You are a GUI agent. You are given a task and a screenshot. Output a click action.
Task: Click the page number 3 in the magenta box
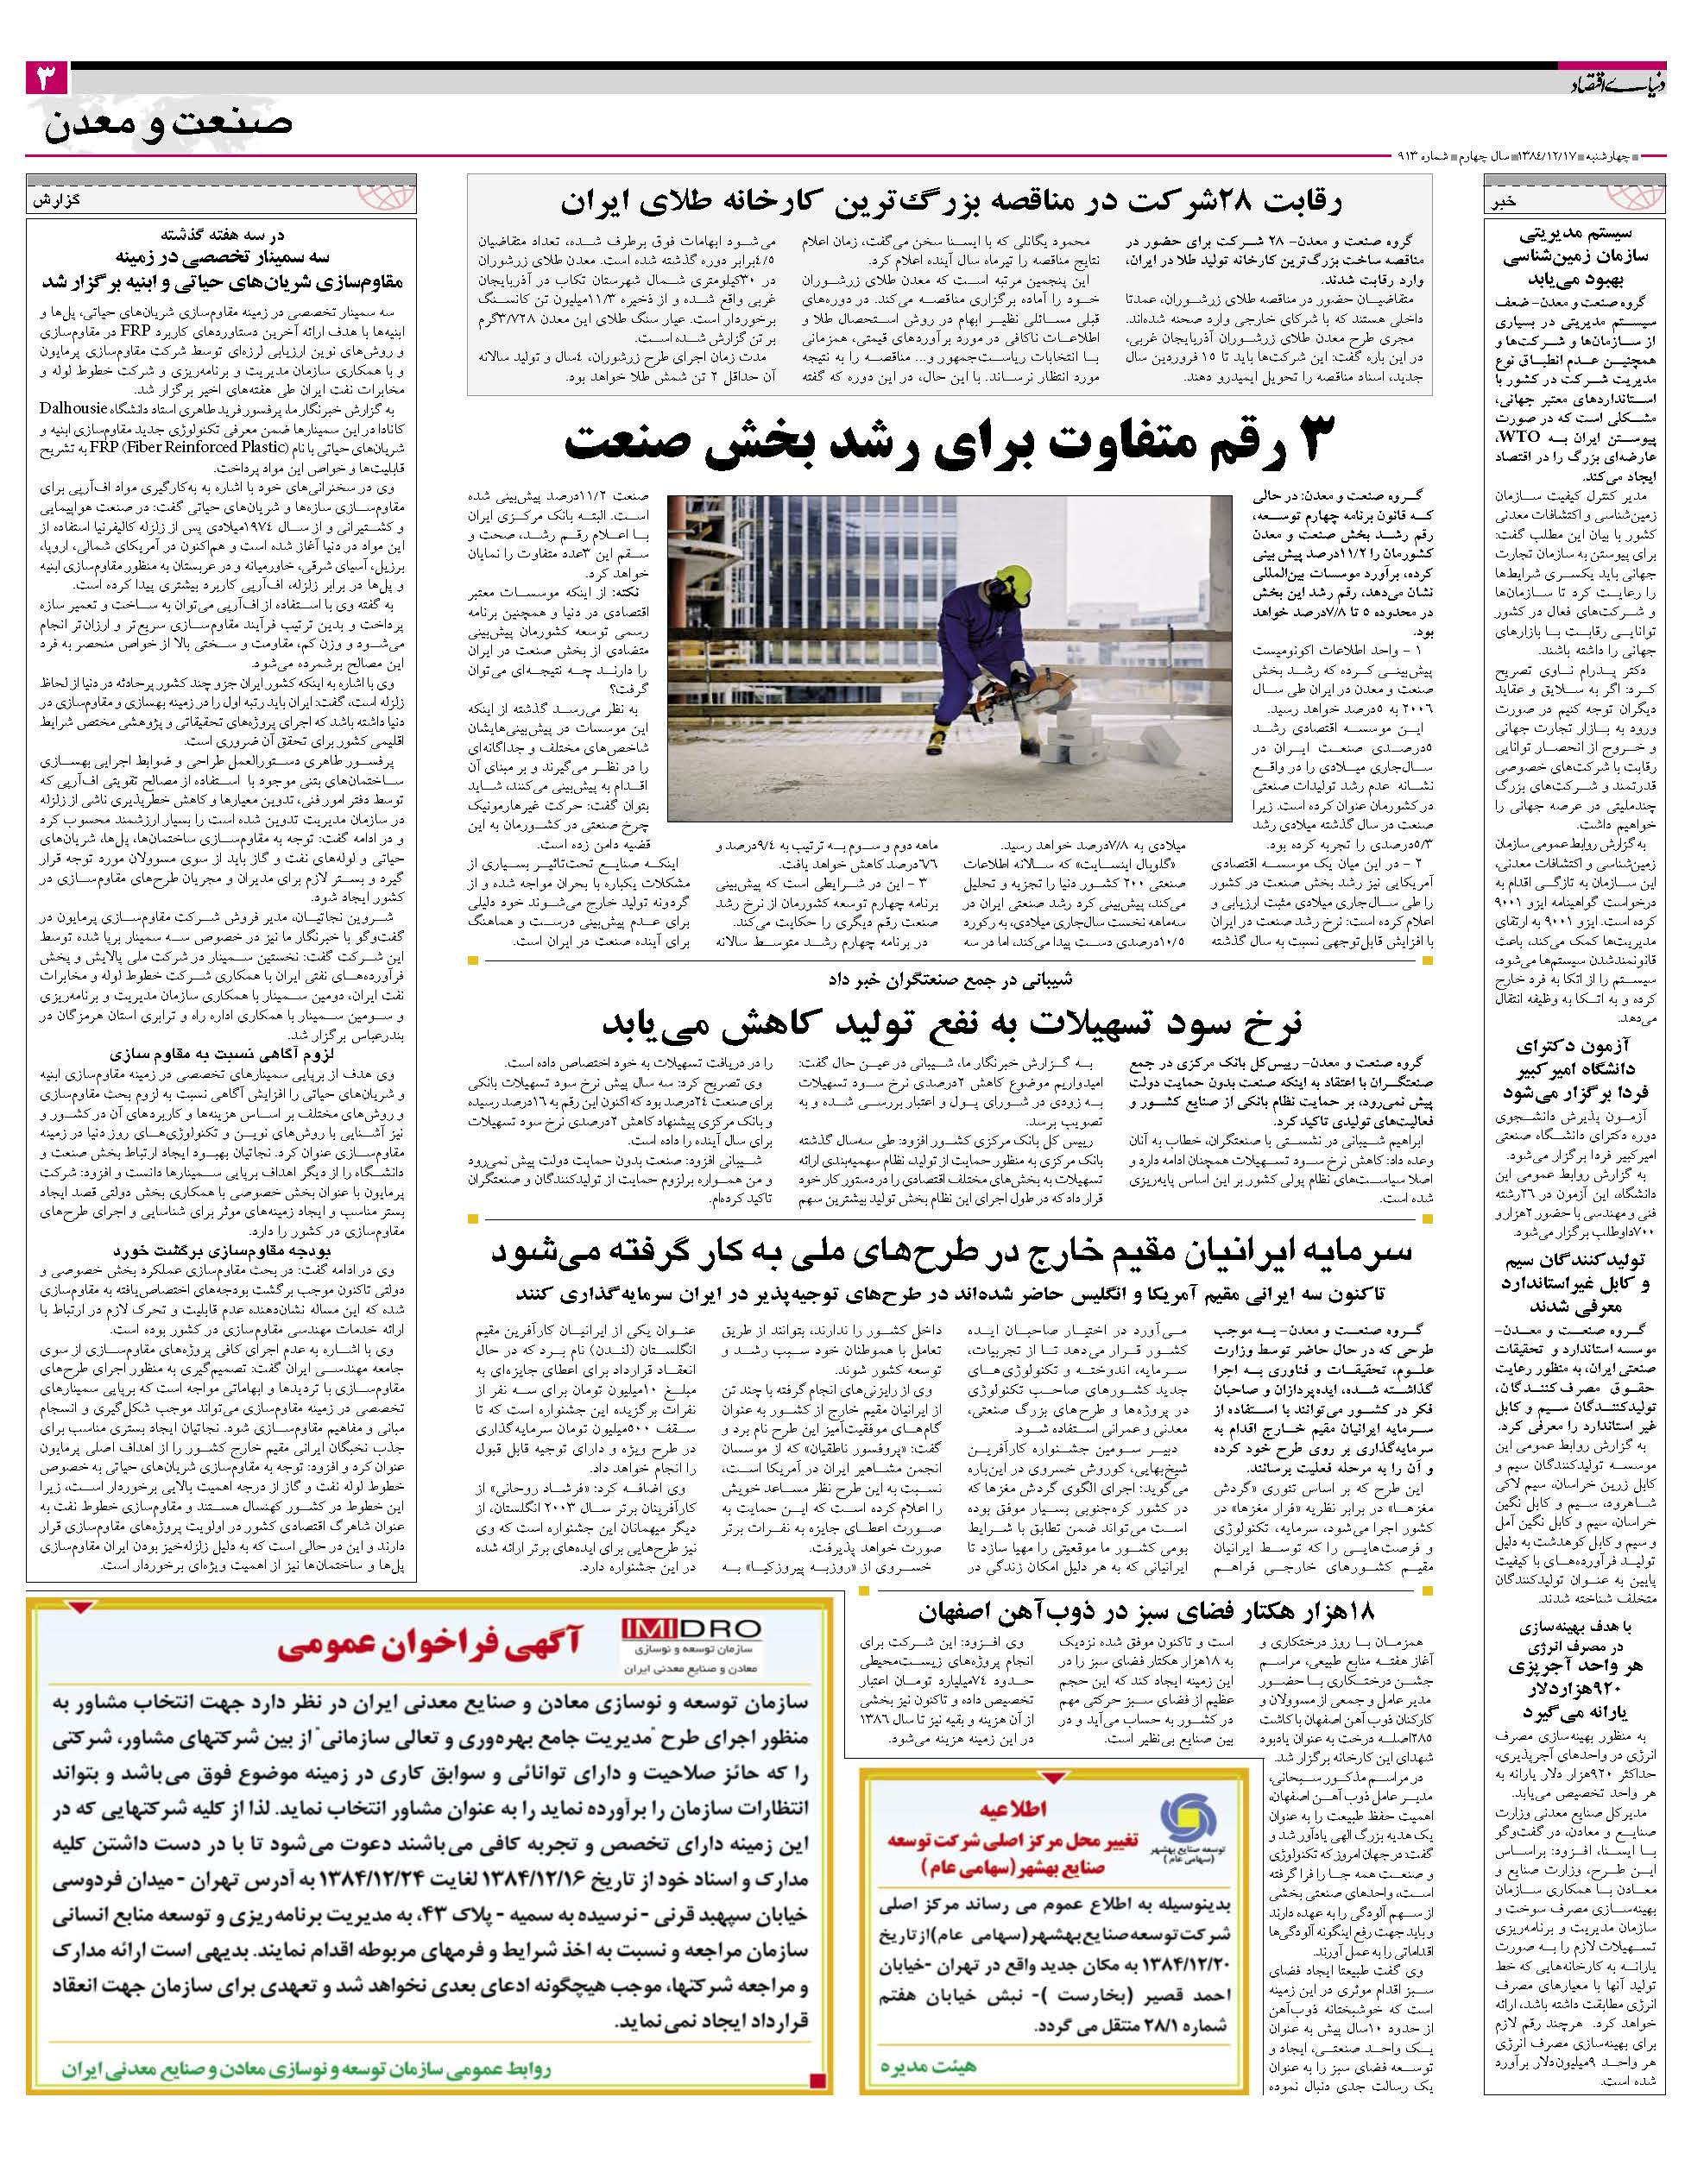tap(47, 76)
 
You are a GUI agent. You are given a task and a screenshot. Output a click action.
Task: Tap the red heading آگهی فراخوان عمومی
tap(426, 1647)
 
